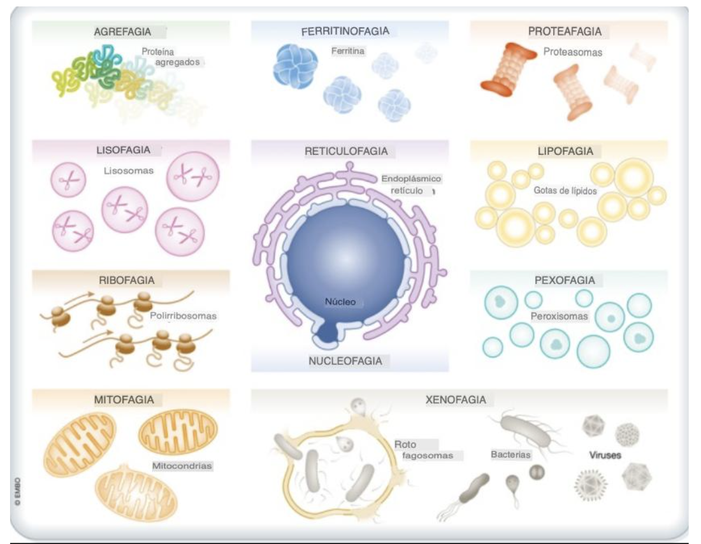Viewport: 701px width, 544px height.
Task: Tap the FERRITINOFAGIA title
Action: tap(345, 31)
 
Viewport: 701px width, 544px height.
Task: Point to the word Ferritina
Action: tap(347, 50)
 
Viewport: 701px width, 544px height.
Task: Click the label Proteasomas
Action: tap(573, 52)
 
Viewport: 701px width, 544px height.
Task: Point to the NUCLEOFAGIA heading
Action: tap(345, 361)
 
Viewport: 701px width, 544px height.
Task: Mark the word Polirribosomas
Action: tap(184, 315)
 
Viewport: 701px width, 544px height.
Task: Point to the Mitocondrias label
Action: tap(182, 466)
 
